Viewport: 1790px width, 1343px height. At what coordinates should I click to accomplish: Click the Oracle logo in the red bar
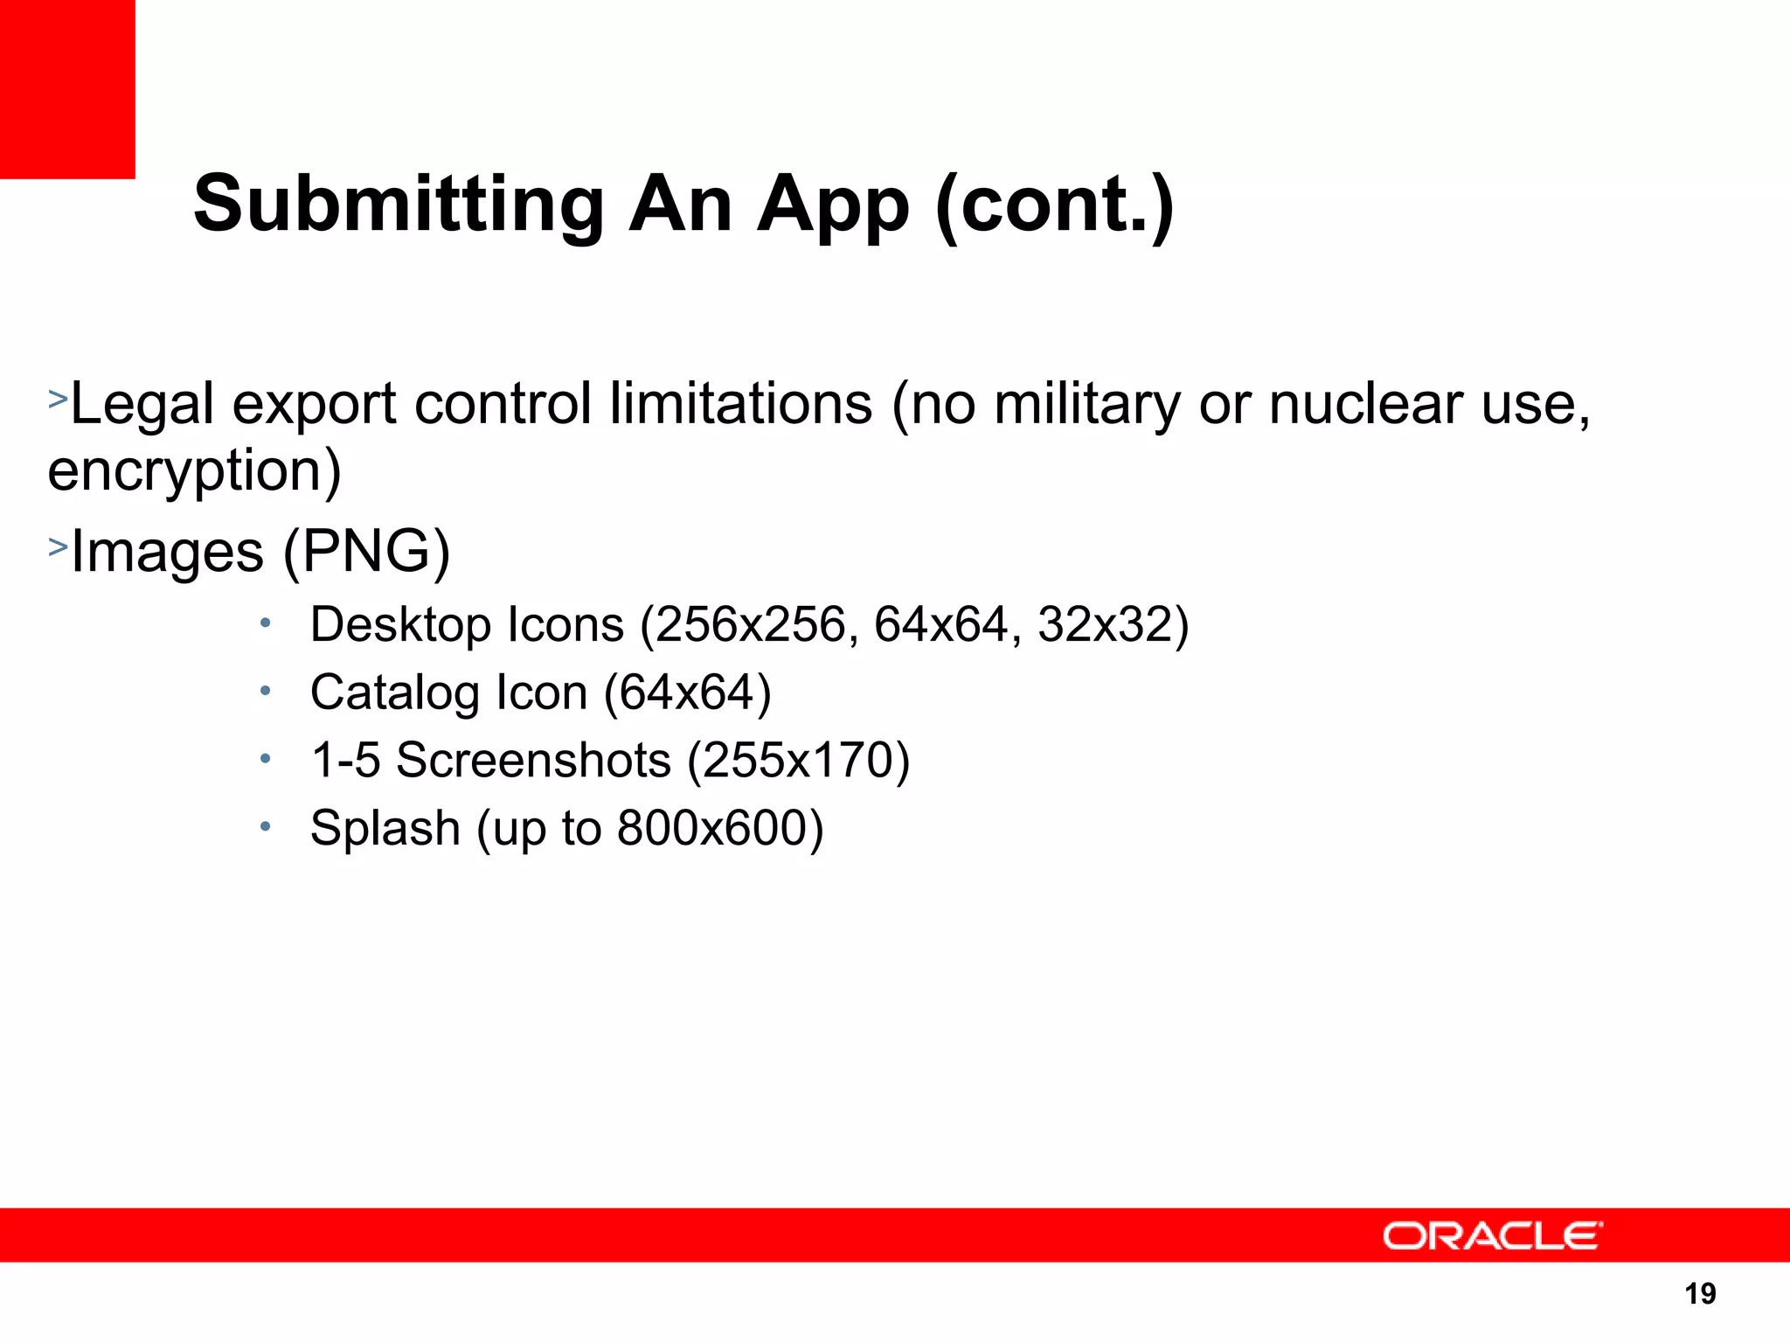(x=1492, y=1236)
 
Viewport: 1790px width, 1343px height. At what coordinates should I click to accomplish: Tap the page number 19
(x=1700, y=1293)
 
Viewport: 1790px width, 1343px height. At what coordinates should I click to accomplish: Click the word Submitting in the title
(x=399, y=205)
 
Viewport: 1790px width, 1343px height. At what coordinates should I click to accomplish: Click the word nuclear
(x=1366, y=404)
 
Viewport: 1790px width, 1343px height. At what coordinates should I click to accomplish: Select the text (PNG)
(x=366, y=552)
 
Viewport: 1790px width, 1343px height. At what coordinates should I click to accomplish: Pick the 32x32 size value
(x=1104, y=625)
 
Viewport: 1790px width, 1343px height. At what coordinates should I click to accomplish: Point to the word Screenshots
(x=533, y=760)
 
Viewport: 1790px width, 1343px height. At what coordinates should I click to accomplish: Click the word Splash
(x=385, y=828)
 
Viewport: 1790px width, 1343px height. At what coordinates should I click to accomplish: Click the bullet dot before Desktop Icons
(x=266, y=623)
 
